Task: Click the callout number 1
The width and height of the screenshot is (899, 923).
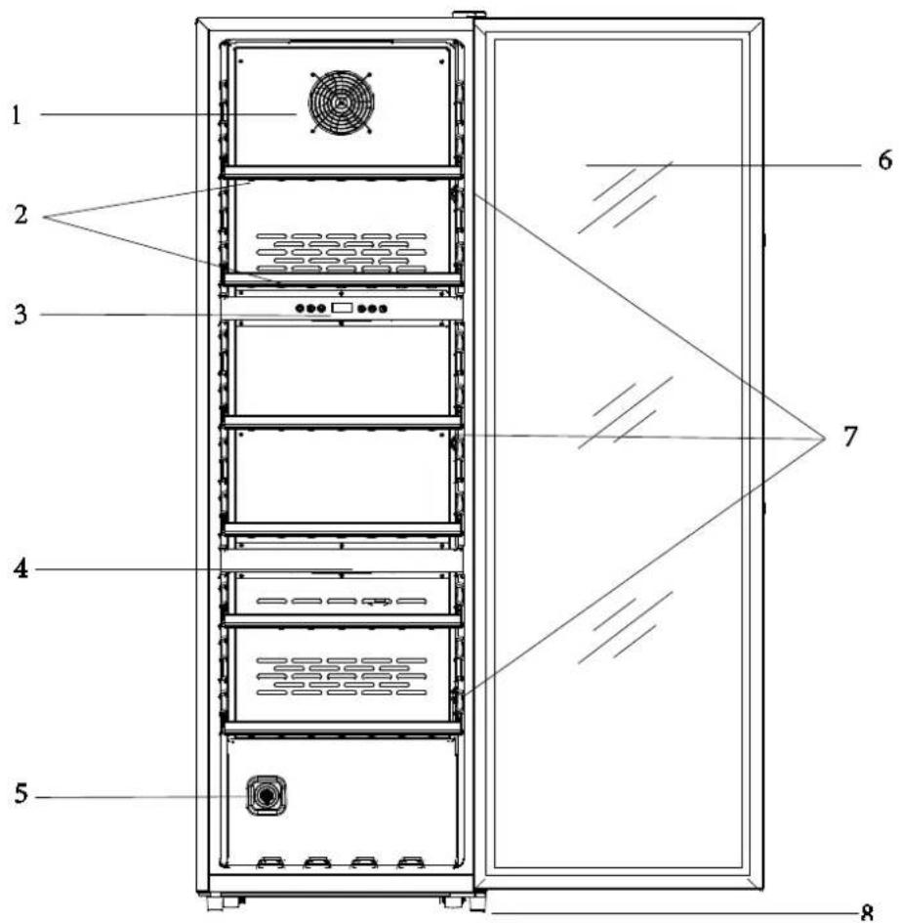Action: coord(16,115)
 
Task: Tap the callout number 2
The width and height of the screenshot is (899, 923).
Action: coord(21,215)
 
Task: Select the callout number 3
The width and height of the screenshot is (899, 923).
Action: coord(20,315)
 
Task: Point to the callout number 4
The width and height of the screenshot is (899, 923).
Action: coord(20,569)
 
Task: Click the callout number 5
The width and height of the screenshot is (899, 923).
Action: coord(21,793)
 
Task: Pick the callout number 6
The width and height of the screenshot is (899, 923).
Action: coord(885,160)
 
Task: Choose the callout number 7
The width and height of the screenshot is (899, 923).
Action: coord(850,437)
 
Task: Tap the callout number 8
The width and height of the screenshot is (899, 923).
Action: coord(867,913)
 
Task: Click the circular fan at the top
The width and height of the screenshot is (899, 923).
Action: coord(342,103)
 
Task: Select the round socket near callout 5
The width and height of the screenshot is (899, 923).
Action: coord(266,795)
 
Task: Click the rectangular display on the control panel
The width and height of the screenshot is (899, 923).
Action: coord(342,308)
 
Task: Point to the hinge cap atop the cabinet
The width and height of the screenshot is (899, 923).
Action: coord(469,14)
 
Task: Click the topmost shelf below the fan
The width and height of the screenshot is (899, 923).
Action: coord(342,171)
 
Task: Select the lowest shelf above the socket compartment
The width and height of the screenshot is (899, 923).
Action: coord(342,729)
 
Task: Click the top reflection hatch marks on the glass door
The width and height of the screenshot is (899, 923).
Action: coord(626,196)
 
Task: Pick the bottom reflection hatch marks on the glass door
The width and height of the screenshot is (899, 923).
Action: coord(626,627)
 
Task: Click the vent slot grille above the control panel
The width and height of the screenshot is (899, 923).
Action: coord(342,253)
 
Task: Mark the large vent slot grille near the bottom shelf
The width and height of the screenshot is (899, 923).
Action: coord(342,676)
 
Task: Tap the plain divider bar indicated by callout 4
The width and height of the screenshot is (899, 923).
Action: coord(342,561)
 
